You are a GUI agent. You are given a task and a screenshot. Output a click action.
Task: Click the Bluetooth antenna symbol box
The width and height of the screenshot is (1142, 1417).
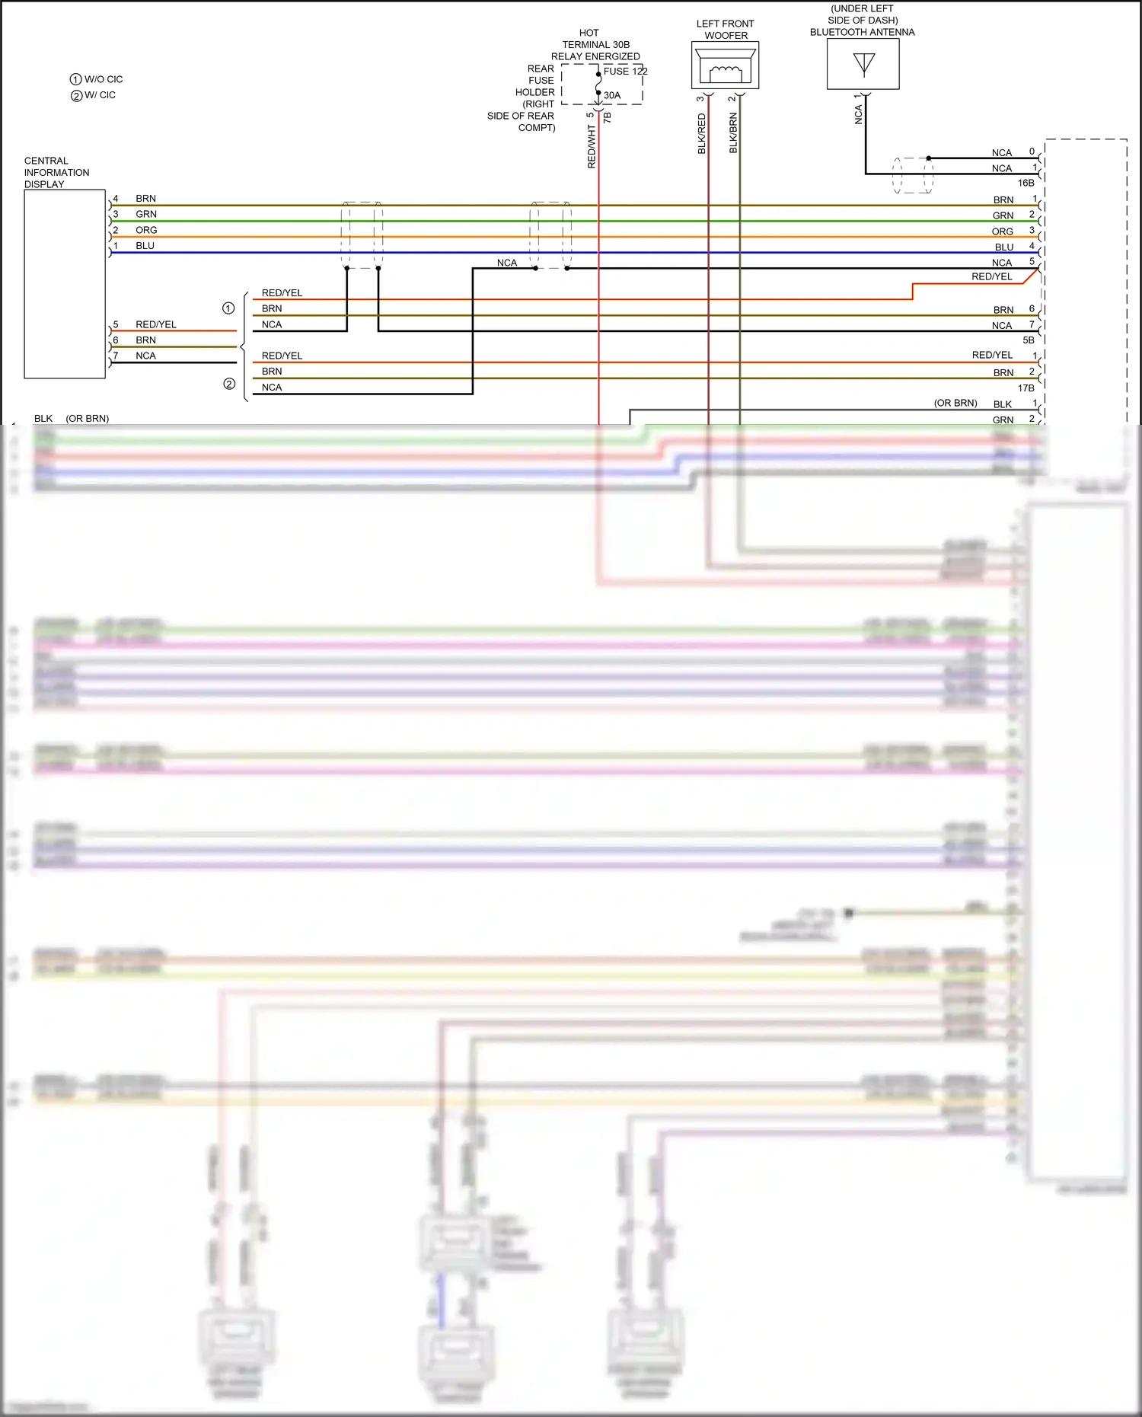863,64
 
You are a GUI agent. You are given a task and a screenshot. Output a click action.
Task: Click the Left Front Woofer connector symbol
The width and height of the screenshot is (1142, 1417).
725,65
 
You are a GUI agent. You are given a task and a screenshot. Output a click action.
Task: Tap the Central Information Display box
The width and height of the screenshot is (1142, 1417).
65,283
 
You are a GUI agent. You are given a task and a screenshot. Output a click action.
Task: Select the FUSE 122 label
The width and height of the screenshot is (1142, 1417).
625,71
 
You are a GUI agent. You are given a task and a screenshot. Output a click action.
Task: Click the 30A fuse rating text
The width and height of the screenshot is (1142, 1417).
612,95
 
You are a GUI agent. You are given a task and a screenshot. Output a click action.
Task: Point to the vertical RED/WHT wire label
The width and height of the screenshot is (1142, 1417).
592,147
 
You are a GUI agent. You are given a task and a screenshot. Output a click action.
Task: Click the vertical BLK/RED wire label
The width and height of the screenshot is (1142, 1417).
702,134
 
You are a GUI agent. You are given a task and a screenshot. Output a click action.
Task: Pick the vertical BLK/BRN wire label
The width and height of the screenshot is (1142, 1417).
733,133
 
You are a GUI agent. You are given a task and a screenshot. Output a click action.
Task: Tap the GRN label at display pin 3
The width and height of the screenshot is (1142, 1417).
146,214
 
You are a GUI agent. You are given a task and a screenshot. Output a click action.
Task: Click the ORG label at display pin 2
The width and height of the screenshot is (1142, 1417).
146,230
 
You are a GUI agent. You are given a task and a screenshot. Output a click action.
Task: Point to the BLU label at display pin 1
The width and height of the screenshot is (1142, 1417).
145,246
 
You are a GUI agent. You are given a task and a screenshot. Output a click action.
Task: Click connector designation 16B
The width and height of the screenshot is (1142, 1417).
1026,183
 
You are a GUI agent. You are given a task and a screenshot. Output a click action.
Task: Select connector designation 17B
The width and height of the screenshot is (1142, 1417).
1026,388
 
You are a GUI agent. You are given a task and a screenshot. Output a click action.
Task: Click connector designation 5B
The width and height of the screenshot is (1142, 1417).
1028,340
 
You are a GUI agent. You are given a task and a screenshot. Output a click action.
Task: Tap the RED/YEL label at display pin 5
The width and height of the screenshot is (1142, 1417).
155,324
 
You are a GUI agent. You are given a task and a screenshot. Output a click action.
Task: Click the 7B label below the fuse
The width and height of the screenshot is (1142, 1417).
607,118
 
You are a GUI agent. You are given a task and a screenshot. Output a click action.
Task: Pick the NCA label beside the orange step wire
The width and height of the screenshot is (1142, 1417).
1002,263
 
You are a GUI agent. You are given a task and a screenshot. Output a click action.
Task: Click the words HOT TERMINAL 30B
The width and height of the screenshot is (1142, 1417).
595,39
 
